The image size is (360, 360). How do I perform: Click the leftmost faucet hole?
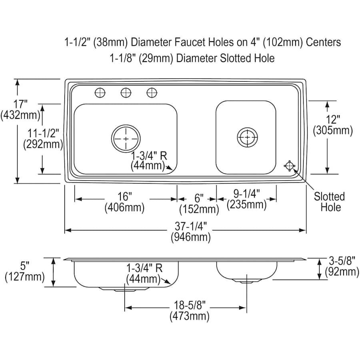pyautogui.click(x=100, y=93)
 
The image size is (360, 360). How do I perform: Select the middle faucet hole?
pyautogui.click(x=126, y=93)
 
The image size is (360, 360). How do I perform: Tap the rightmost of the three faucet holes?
pyautogui.click(x=152, y=93)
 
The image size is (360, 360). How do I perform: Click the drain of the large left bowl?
pyautogui.click(x=126, y=139)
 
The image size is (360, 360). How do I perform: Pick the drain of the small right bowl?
pyautogui.click(x=247, y=137)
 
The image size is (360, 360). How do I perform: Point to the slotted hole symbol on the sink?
pyautogui.click(x=290, y=166)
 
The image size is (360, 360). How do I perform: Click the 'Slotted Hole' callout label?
pyautogui.click(x=330, y=202)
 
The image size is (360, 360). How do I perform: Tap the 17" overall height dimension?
pyautogui.click(x=20, y=110)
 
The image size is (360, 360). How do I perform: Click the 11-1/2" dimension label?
pyautogui.click(x=43, y=139)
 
